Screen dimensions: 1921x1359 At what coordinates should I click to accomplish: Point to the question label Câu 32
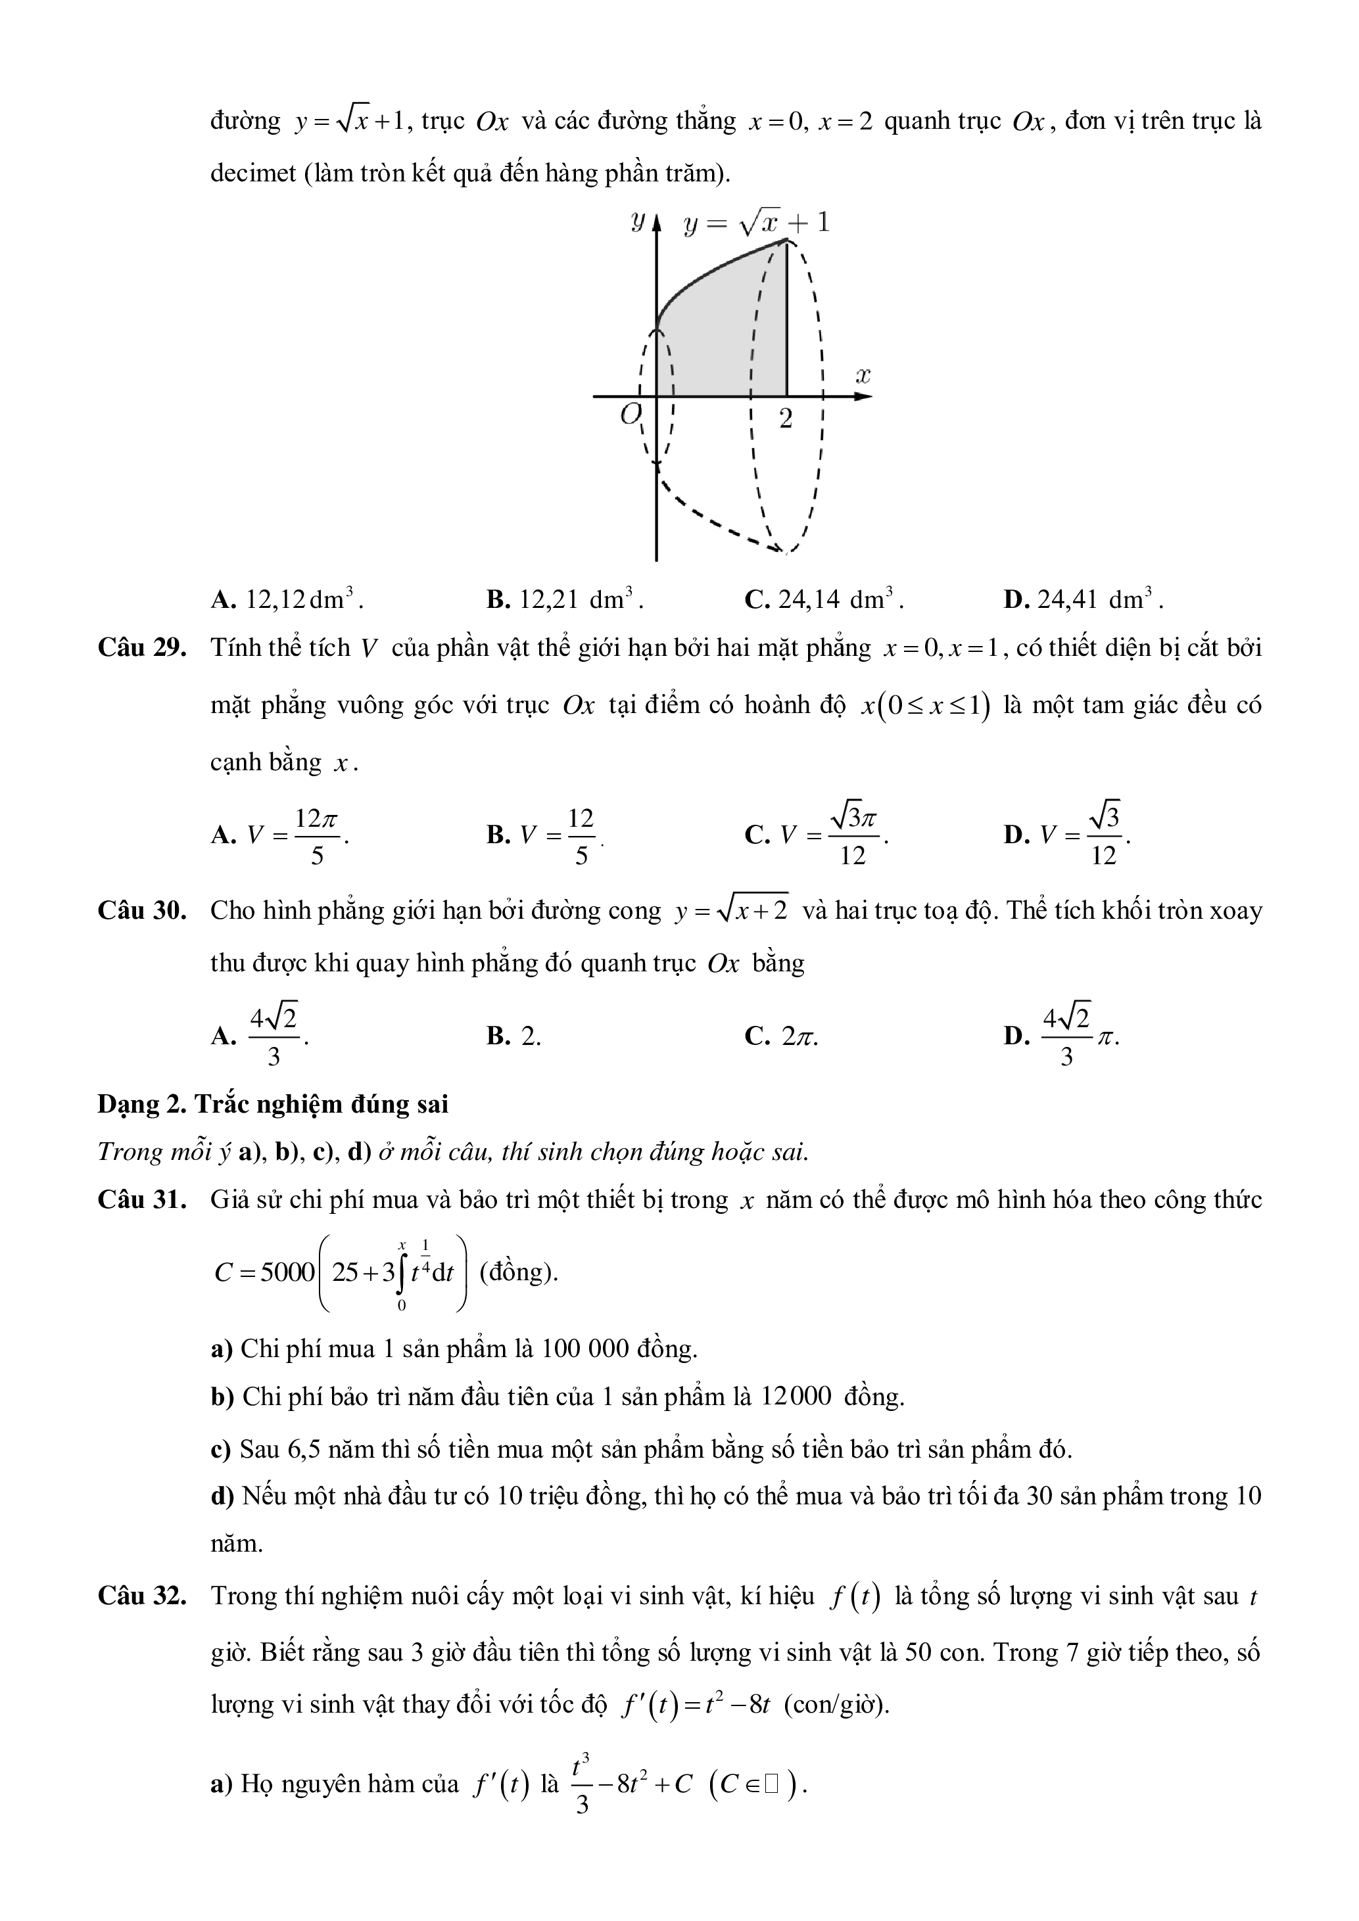pos(141,1596)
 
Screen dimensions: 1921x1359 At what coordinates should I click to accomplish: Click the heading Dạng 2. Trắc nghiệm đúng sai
pos(273,1103)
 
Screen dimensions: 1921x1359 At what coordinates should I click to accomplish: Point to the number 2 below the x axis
pos(785,419)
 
